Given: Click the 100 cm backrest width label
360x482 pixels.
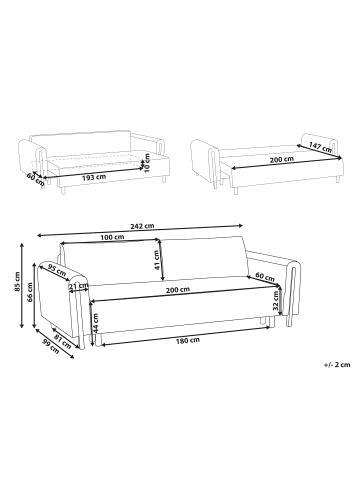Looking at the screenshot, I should point(113,238).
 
